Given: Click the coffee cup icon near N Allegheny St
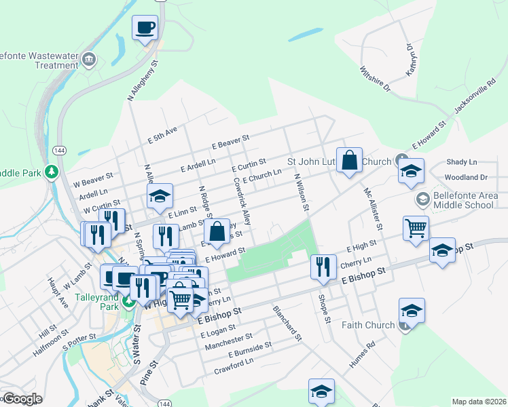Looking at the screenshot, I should click(145, 28).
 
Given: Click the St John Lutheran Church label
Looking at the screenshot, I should click(339, 162).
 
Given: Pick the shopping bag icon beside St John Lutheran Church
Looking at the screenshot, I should click(349, 161).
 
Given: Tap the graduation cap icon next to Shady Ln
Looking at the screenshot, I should click(411, 172).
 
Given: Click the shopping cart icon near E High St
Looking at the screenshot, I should click(416, 227).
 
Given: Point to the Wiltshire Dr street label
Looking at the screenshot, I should click(375, 79).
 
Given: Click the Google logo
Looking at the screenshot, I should click(22, 399).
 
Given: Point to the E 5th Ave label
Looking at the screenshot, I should click(162, 133).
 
